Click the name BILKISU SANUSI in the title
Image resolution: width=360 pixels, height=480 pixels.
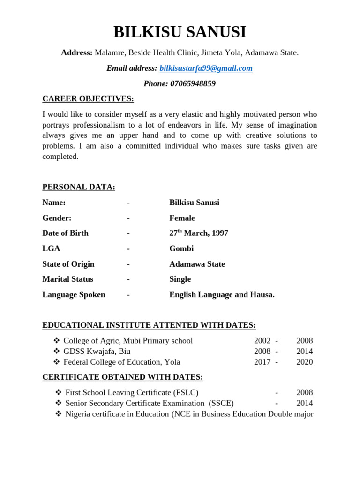(180, 32)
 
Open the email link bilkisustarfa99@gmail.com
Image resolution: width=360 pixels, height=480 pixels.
(206, 68)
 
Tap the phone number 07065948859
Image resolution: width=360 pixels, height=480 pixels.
(193, 84)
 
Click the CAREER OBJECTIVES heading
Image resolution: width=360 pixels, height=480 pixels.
(88, 99)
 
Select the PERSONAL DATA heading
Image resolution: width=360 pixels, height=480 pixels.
(79, 187)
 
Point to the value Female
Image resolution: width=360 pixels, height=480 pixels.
(182, 218)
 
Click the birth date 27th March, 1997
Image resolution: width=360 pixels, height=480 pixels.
(199, 233)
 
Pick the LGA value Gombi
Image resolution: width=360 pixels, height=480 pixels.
(181, 248)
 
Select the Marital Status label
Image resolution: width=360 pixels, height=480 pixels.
(67, 279)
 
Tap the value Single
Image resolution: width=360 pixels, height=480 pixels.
(180, 279)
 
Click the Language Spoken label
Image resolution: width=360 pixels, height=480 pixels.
(74, 295)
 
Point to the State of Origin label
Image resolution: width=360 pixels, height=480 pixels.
(68, 264)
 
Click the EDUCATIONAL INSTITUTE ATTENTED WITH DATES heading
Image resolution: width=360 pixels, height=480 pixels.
(149, 325)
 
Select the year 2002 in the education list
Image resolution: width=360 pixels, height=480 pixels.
(262, 341)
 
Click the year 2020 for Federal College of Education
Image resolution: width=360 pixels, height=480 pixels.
(304, 362)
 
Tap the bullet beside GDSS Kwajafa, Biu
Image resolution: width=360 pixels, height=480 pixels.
(56, 351)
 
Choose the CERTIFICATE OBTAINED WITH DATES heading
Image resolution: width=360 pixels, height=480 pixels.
(123, 377)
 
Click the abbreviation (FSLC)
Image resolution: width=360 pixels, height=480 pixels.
(186, 392)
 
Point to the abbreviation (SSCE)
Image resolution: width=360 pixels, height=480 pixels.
(222, 403)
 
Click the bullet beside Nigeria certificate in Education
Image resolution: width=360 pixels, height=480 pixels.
(58, 414)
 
